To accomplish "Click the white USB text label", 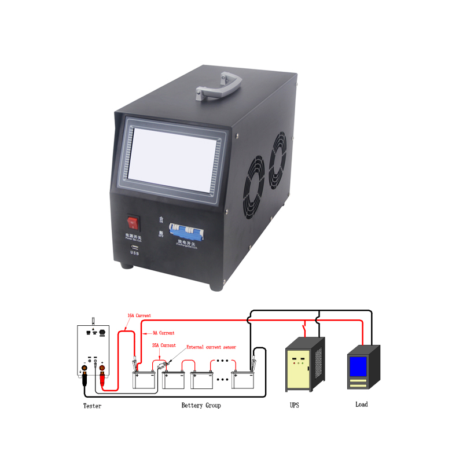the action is click(x=135, y=253).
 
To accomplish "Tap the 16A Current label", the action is click(x=139, y=315).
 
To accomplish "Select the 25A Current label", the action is click(x=164, y=346).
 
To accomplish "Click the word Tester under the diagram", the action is click(x=92, y=406).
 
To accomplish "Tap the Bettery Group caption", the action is click(x=201, y=406).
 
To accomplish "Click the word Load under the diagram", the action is click(x=361, y=404).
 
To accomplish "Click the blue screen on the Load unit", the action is click(x=358, y=365).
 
